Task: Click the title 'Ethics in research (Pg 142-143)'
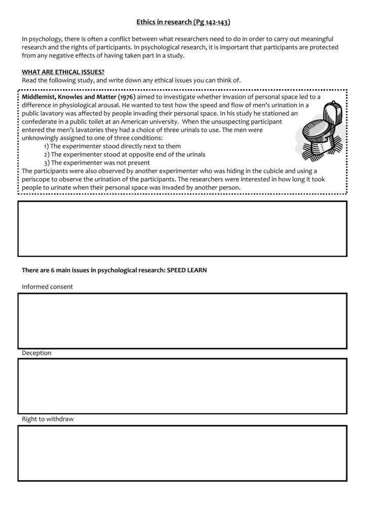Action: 183,22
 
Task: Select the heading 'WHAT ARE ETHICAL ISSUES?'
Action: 63,72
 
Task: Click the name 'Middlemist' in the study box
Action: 39,97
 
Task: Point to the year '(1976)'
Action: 127,97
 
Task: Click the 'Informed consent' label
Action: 47,286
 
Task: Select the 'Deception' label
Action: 36,353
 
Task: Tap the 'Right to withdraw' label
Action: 48,419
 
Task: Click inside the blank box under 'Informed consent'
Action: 182,321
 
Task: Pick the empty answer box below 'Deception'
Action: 182,386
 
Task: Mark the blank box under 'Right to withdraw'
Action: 182,453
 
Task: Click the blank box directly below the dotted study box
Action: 182,229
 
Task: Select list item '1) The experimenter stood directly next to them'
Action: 112,146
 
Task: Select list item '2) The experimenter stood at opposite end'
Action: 124,154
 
